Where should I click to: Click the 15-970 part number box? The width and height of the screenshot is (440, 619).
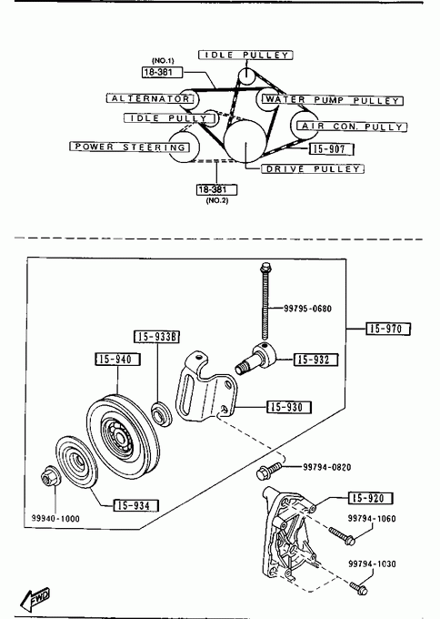pos(388,329)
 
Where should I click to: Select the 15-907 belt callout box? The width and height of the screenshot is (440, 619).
pos(331,148)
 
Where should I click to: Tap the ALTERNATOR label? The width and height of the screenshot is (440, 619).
pos(151,98)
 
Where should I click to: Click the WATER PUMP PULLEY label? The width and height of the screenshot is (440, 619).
pos(333,100)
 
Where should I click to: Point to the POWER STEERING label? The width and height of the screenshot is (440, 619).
pos(130,147)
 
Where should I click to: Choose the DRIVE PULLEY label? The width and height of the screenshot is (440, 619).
pos(313,169)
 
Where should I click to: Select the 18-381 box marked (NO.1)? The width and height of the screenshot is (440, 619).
pos(163,72)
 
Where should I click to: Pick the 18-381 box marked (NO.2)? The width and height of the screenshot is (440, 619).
pos(217,189)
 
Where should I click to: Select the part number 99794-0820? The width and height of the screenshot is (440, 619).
pos(327,467)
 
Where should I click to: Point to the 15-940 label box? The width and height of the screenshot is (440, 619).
pos(118,360)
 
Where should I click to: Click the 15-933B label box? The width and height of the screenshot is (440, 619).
pos(157,336)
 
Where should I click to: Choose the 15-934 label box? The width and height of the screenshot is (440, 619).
pos(136,505)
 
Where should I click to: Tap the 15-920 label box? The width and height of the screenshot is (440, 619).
pos(371,498)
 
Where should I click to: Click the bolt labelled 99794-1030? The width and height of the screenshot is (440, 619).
pos(358,588)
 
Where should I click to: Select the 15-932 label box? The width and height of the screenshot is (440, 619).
pos(316,360)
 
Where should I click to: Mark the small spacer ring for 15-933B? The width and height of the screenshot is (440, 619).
pos(162,413)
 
